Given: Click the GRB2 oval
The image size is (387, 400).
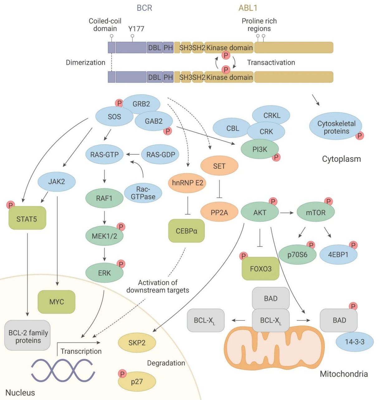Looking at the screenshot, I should [x=141, y=104].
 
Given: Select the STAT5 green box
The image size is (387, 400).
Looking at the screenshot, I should [x=27, y=219].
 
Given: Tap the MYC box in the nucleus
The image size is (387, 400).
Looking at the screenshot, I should [x=56, y=302].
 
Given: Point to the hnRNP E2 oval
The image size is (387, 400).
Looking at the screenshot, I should [x=187, y=183].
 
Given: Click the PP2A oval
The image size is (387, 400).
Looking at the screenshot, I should [x=219, y=212].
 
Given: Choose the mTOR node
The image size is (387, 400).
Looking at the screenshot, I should [x=316, y=212].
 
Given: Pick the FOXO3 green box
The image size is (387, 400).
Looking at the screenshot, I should [x=260, y=269].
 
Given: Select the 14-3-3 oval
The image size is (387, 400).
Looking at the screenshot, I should [x=355, y=342].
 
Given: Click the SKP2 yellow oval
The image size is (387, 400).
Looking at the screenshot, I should [x=137, y=343].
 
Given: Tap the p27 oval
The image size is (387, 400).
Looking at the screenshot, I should [x=137, y=382].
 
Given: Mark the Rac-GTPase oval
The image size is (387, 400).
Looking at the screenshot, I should [x=143, y=193].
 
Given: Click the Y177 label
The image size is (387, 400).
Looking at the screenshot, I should [x=136, y=29].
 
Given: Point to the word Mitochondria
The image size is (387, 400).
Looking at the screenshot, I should [x=344, y=374].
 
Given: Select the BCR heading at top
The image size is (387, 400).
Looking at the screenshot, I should [x=144, y=8].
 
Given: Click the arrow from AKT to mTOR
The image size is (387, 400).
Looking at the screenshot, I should [x=287, y=212].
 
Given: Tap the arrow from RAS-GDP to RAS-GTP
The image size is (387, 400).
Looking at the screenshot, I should [x=133, y=154].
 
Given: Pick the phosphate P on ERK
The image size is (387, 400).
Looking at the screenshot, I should [x=121, y=264].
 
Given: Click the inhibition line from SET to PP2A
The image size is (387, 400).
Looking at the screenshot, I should [x=219, y=189].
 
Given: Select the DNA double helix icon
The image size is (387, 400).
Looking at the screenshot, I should [x=63, y=370].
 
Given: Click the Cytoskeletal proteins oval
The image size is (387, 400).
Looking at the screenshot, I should [x=336, y=127].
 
